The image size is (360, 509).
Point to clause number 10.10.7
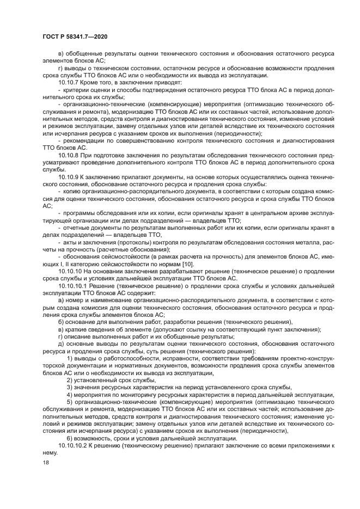68,81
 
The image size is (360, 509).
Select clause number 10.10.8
68,155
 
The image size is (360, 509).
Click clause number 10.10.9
68,177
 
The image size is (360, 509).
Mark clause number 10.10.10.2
72,445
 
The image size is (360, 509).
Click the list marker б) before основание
60,322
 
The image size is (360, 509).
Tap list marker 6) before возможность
69,438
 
